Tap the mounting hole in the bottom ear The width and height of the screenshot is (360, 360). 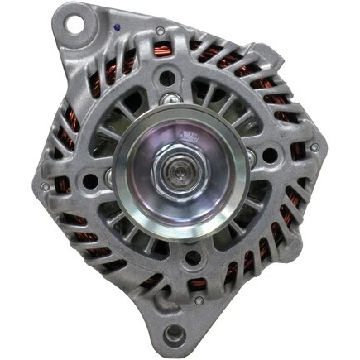tap(176, 335)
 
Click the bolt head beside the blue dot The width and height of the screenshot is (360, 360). tap(160, 31)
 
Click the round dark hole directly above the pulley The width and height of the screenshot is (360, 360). tap(168, 79)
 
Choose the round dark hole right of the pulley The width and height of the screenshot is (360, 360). tap(269, 155)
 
